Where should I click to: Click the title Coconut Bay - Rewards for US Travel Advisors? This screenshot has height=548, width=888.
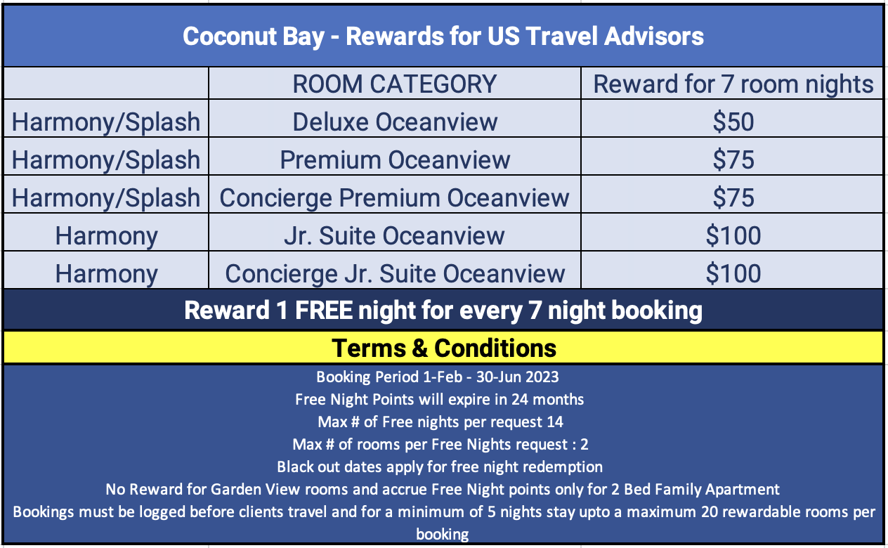click(443, 37)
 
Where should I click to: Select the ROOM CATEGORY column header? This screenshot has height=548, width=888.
click(394, 84)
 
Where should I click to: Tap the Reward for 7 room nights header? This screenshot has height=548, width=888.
click(733, 84)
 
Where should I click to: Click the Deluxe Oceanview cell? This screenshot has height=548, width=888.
click(394, 122)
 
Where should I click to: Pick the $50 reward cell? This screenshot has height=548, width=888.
click(733, 122)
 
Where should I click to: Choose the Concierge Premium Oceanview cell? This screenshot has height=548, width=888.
click(394, 198)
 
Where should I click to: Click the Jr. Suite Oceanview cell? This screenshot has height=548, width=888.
click(394, 236)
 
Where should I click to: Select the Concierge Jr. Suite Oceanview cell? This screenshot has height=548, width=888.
click(394, 273)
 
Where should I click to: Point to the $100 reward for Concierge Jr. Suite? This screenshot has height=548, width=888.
click(733, 273)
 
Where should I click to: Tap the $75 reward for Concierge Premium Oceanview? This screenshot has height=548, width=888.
click(733, 198)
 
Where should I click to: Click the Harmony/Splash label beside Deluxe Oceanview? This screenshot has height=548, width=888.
click(106, 122)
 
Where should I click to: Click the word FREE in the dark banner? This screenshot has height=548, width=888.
click(324, 310)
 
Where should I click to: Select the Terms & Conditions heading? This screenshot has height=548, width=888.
click(443, 348)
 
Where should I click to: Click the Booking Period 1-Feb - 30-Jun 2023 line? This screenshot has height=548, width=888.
click(438, 377)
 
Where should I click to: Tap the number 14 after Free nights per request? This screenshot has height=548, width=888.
click(555, 422)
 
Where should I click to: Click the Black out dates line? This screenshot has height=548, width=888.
click(440, 467)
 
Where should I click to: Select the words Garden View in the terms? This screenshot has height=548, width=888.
click(255, 489)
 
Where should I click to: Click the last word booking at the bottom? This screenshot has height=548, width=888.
click(443, 535)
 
